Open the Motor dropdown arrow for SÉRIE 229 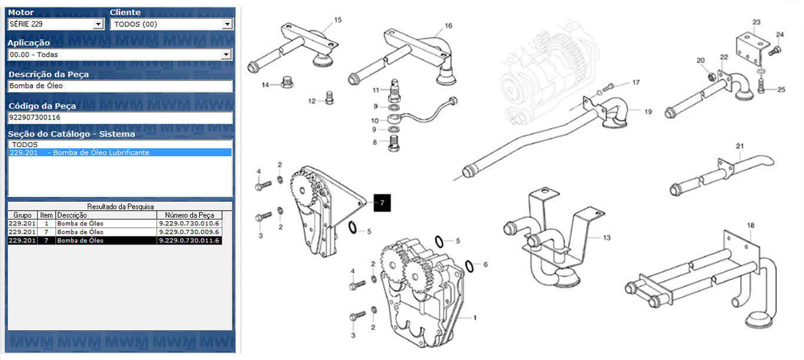pos(98,24)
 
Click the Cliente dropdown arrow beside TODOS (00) pos(227,24)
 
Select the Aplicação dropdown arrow pos(226,55)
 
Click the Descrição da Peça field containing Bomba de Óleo pos(120,86)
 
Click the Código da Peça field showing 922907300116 pos(120,118)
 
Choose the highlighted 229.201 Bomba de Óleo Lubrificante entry pos(120,152)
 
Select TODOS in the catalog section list pos(25,145)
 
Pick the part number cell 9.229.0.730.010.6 pos(189,224)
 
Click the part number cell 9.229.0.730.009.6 pos(189,232)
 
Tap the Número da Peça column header pos(189,215)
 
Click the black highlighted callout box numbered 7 pos(382,203)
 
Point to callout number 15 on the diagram pos(338,20)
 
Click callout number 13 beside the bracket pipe pos(607,238)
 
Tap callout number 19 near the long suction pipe pos(648,112)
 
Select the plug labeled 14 pos(287,82)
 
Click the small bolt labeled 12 pos(329,98)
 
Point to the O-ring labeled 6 pos(469,266)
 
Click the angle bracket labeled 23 pos(753,50)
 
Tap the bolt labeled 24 pos(775,51)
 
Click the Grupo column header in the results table pos(22,215)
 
